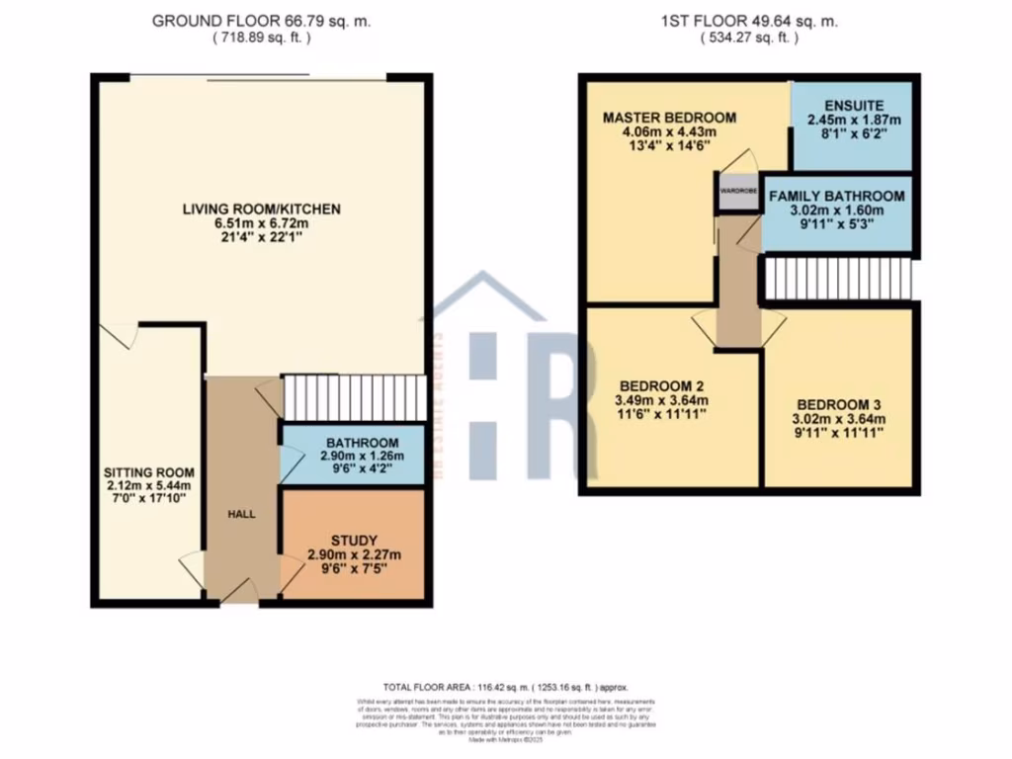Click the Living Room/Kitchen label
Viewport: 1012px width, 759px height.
[261, 209]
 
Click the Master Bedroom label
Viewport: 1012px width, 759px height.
[669, 118]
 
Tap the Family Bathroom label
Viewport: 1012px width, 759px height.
[836, 196]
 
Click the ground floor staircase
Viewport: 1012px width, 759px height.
[353, 397]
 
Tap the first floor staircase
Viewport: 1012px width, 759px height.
[836, 278]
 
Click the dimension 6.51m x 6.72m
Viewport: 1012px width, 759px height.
[261, 224]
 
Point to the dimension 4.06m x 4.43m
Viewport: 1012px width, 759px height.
[669, 133]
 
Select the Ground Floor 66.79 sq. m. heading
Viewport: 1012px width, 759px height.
[261, 21]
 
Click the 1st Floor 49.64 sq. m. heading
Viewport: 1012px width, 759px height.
[750, 21]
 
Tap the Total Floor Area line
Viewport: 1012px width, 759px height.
[505, 686]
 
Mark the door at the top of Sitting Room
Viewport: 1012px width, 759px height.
[120, 335]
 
